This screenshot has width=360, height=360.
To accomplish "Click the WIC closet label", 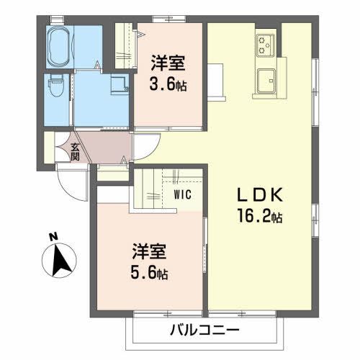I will point(181,194).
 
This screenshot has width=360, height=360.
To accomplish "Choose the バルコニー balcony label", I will point(205,330).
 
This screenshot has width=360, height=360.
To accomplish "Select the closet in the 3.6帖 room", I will point(125,46).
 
